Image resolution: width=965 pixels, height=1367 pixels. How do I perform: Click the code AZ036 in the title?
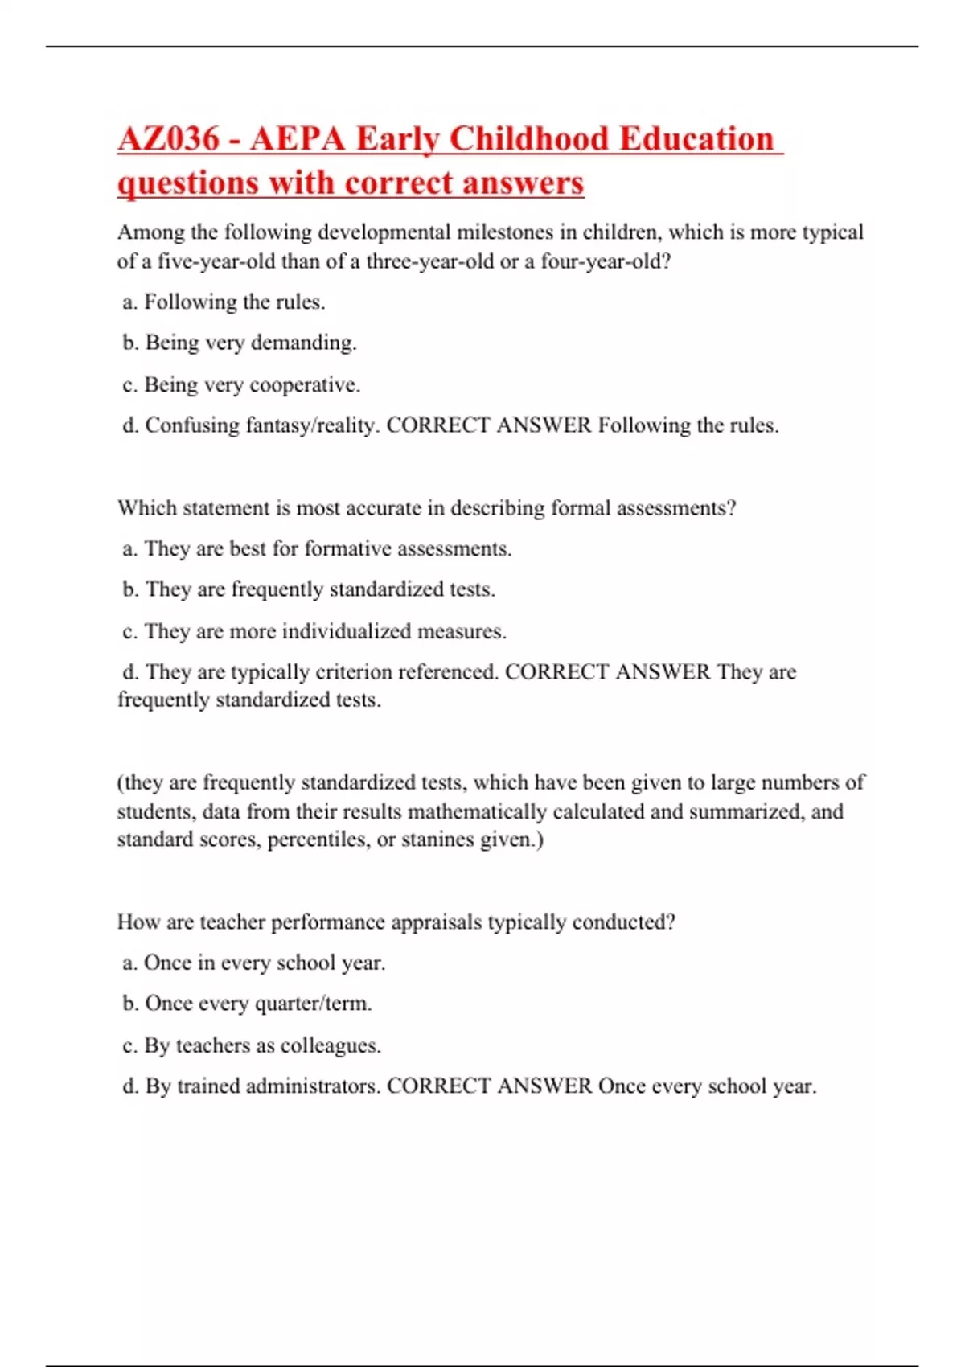coord(168,139)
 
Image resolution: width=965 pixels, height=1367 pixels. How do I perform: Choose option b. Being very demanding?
coord(240,343)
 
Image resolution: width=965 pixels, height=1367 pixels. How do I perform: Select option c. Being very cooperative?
coord(241,385)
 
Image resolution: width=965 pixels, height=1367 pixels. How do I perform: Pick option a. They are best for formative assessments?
coord(317,549)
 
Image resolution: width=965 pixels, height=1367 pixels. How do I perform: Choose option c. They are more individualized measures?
coord(314,632)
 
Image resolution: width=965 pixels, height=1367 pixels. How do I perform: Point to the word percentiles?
coord(319,840)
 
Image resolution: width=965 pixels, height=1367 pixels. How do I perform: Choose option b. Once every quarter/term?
coord(247,1004)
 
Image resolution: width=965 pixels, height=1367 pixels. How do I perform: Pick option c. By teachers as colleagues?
coord(252,1046)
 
